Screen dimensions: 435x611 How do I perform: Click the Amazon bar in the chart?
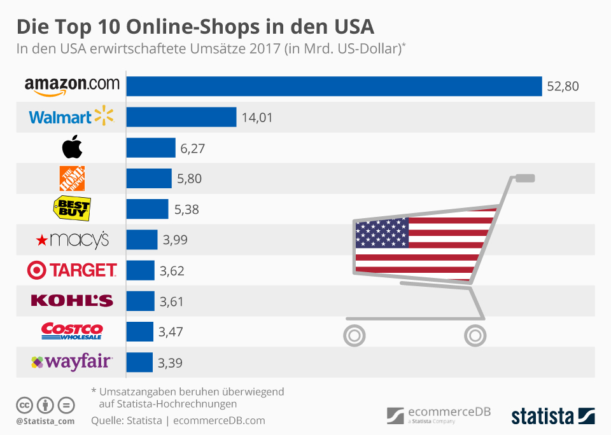334,86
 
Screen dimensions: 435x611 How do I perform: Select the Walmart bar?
181,117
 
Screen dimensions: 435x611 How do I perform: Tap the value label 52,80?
563,86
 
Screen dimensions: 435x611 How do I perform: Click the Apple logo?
72,148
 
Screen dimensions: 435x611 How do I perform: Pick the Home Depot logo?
72,179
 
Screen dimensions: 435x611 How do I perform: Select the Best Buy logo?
71,209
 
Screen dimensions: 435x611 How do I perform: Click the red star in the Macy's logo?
42,240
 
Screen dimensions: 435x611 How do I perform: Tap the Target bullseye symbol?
37,270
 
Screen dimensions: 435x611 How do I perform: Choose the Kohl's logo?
71,301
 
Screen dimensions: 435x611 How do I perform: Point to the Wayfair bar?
140,362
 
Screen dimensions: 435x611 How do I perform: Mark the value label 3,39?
170,362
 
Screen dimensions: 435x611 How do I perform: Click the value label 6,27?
192,148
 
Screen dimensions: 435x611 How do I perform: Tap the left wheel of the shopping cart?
355,335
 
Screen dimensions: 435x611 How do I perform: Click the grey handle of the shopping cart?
524,178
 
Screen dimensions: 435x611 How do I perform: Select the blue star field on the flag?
382,233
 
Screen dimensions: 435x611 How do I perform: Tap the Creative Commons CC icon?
24,405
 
